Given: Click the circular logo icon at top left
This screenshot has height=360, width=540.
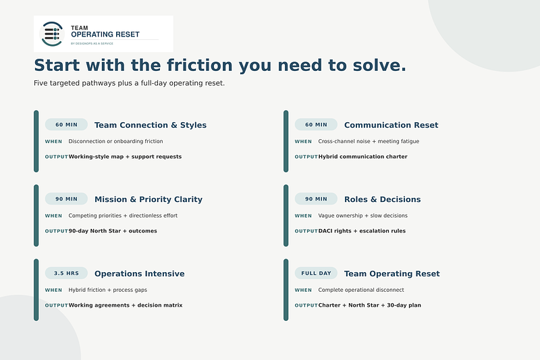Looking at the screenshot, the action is coord(52,34).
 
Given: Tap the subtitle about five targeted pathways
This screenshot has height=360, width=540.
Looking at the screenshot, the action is coord(129,83).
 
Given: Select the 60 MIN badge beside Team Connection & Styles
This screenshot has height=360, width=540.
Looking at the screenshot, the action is coord(66,125).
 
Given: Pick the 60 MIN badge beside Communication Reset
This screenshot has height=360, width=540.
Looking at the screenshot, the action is coord(316,125).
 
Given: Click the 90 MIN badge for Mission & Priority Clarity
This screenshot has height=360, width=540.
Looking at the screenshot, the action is coord(66,199).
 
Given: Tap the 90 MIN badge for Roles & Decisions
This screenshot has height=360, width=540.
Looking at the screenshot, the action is coord(316,199).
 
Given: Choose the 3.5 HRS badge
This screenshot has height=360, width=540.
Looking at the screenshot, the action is coord(66,273).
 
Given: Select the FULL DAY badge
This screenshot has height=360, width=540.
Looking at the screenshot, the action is coord(316,273).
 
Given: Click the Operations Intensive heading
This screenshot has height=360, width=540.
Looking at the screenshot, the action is coord(140,274).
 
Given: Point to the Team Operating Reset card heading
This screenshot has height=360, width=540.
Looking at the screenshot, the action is coord(392,274).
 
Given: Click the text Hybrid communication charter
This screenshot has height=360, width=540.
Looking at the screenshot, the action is coord(362,157).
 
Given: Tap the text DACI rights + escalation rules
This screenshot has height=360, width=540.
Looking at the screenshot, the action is coord(362,231).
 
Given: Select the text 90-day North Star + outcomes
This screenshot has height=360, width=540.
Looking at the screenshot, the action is coord(113,231).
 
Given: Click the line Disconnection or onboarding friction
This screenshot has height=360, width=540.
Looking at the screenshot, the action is coord(115,141).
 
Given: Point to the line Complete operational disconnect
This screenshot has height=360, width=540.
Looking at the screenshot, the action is coord(361,290).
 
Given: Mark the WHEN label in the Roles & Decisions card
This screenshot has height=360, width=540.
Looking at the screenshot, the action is coord(303,215).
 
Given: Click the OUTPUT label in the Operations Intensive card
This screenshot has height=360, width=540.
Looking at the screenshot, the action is coord(57,305).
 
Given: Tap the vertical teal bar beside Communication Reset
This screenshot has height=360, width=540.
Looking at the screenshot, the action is coord(286,141).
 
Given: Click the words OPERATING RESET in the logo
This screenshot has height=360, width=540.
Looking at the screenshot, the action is coord(105,34).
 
